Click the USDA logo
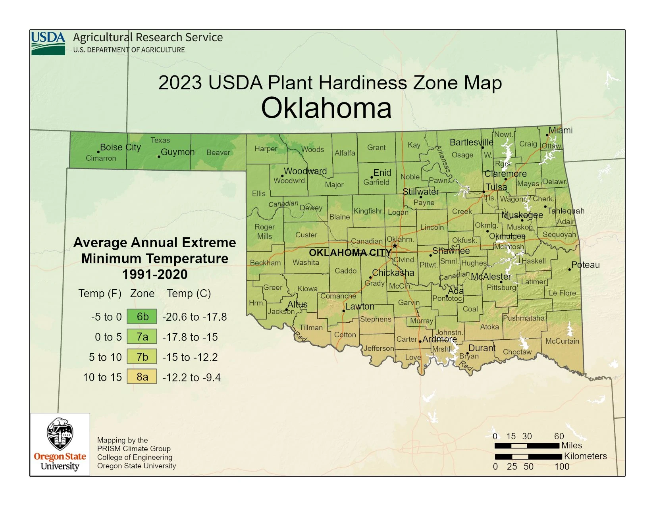(48, 43)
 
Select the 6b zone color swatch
(142, 317)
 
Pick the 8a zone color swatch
(142, 377)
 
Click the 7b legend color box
(142, 357)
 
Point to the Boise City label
(120, 147)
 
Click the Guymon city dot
(159, 157)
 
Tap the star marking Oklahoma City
(395, 246)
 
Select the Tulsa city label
(496, 187)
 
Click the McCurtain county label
(562, 341)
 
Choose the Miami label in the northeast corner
(561, 130)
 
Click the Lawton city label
(360, 306)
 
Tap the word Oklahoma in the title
(326, 108)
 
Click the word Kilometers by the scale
(585, 456)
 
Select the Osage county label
(462, 155)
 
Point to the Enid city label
(382, 173)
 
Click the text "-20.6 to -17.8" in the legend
(195, 317)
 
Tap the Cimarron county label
(101, 158)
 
